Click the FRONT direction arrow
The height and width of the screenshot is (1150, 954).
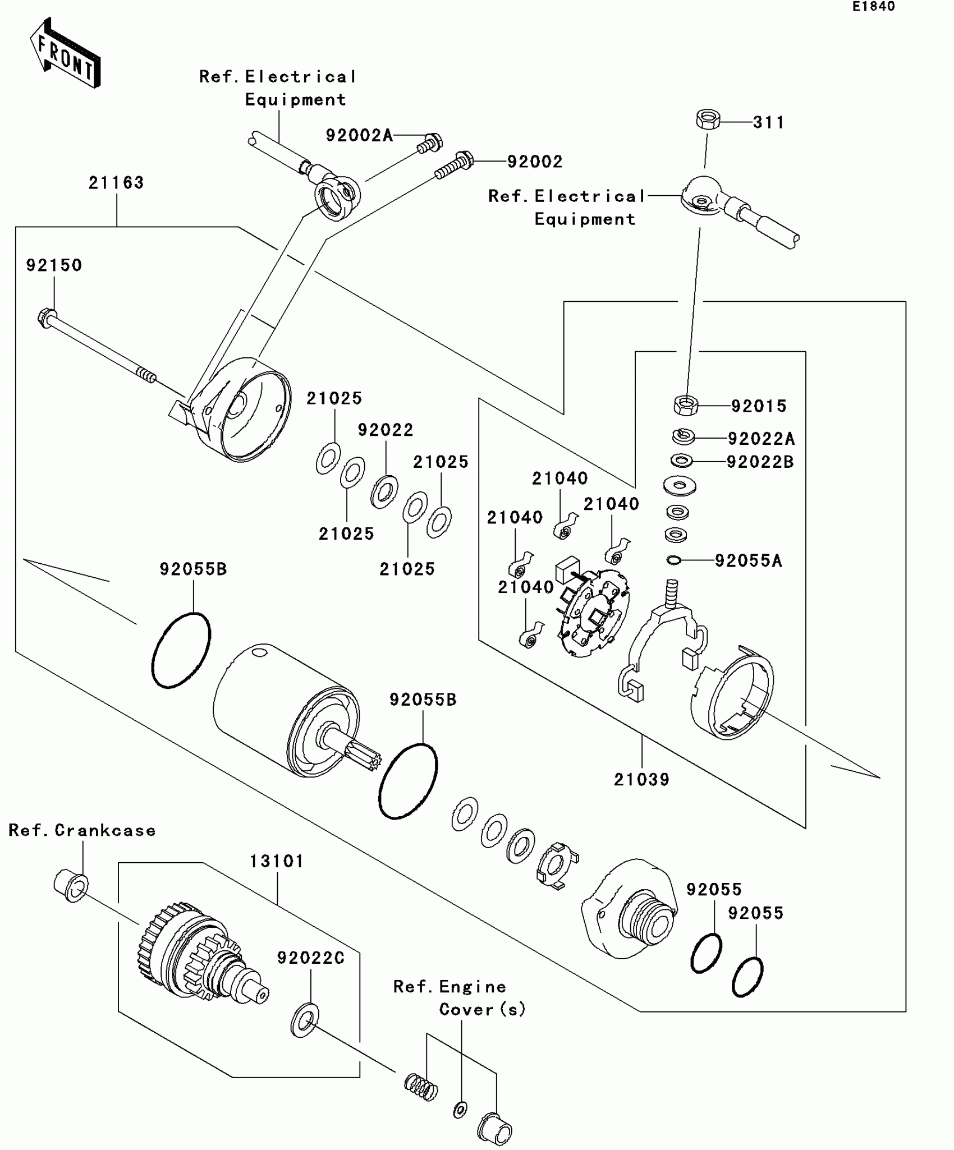[65, 53]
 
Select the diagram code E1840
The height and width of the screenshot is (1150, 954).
[874, 7]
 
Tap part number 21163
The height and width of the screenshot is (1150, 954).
[116, 183]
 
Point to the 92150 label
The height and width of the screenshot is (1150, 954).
[54, 265]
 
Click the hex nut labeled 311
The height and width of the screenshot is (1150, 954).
[708, 120]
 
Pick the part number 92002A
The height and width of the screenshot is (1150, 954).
[359, 136]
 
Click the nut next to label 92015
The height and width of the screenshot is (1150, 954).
[685, 405]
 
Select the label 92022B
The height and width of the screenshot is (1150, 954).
[760, 462]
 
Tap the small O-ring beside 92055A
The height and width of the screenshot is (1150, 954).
[673, 560]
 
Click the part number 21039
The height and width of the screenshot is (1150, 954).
[641, 780]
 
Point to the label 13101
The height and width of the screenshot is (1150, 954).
[276, 861]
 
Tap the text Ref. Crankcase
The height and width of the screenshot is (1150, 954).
[82, 830]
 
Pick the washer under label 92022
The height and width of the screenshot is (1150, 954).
[384, 492]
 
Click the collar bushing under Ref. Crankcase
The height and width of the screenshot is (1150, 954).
[71, 886]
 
